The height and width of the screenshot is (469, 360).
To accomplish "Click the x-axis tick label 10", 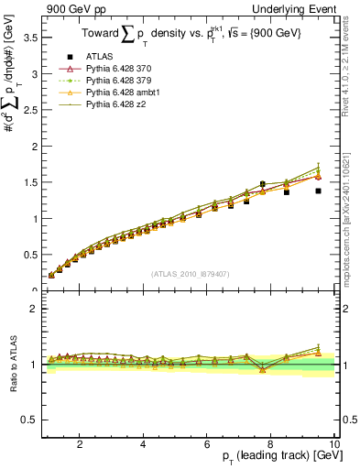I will coord(334,444).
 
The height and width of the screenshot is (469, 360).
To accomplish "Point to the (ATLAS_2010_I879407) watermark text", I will coord(191,273).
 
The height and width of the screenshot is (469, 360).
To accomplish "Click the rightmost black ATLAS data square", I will coord(318,191).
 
